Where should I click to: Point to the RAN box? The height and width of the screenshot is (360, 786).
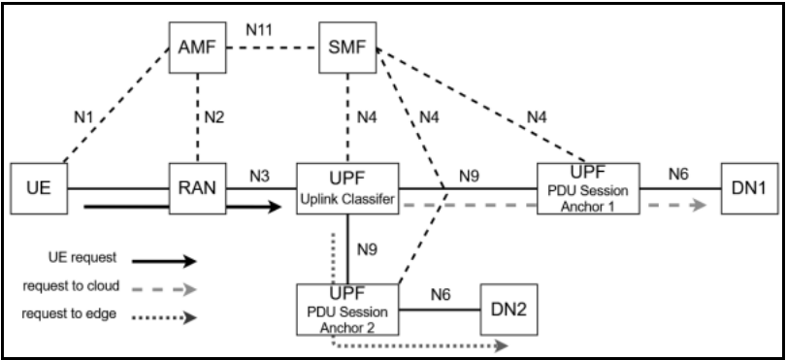coord(197,183)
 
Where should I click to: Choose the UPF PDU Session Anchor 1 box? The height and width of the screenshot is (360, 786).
coord(588,184)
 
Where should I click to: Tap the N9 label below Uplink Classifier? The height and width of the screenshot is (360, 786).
coord(366,246)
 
